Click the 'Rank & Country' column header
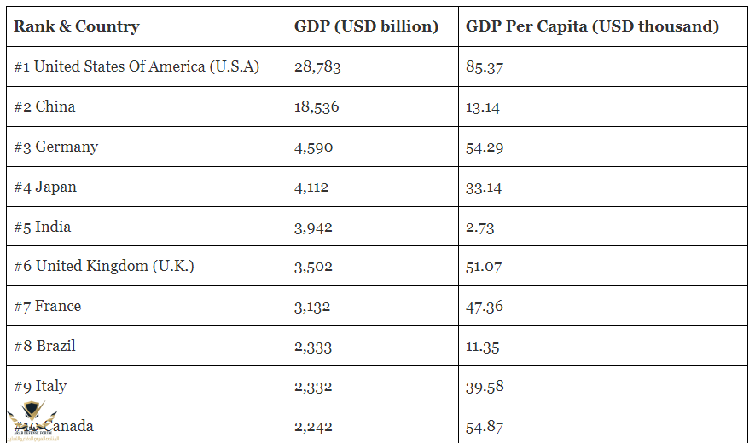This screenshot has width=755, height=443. pos(77,26)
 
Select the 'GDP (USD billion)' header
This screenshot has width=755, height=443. pos(366,26)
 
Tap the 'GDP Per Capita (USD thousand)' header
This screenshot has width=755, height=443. pos(592,26)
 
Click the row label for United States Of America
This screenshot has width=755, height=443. pos(136,66)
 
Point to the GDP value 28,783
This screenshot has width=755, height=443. pos(317,66)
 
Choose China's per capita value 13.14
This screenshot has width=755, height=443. pos(483,107)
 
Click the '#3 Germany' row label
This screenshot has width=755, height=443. pos(56,147)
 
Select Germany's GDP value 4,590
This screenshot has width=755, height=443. pos(313,147)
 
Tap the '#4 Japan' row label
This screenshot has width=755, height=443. pos(45,187)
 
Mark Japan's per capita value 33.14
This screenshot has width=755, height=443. pos(484,187)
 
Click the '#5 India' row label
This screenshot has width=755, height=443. pos(43,227)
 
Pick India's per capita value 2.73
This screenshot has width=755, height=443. pos(479,227)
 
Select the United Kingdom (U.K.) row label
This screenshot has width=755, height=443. pos(104,266)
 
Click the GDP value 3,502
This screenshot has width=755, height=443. pos(313,267)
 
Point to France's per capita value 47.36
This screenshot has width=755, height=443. pos(484,307)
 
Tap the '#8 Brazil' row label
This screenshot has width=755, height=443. pos(45,346)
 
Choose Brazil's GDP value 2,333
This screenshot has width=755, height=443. pos(313,347)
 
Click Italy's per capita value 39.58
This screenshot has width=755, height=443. pos(485,387)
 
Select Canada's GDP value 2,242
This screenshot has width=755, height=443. pos(313,427)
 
